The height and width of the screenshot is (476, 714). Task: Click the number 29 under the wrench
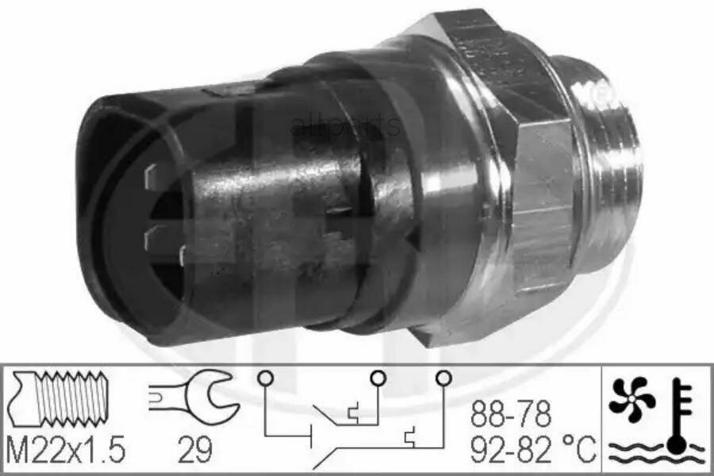(194, 450)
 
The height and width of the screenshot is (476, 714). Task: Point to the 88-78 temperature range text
(512, 414)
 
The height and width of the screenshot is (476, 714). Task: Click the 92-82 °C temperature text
(532, 450)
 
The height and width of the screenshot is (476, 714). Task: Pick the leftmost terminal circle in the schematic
(264, 378)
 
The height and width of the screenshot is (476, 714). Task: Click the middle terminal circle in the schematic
(378, 378)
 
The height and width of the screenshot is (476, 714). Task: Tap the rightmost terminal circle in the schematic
(443, 378)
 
